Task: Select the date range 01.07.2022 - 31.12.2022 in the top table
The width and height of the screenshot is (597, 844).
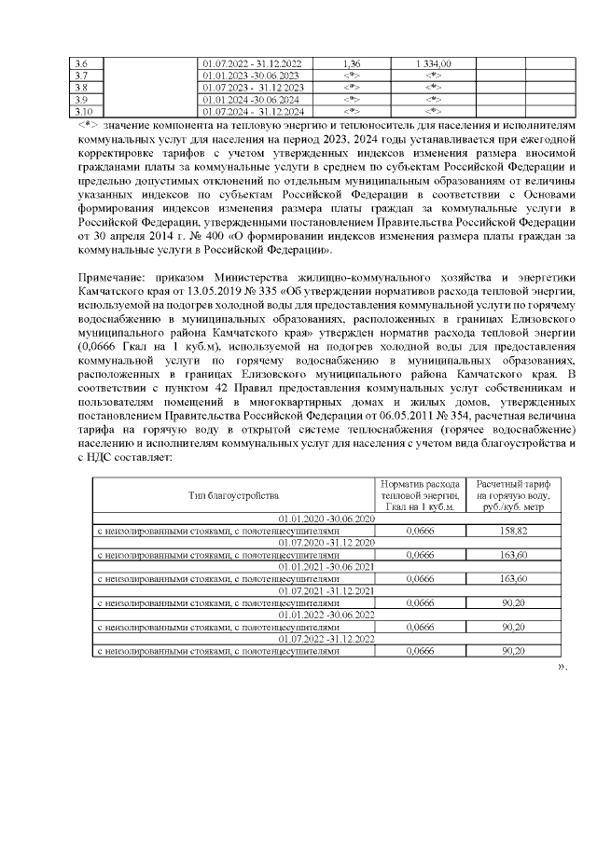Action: click(x=251, y=62)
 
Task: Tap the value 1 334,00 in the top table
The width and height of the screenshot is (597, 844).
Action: click(x=433, y=62)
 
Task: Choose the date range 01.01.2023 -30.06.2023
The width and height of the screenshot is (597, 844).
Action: click(x=251, y=75)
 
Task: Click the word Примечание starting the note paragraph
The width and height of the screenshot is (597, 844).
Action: click(x=112, y=278)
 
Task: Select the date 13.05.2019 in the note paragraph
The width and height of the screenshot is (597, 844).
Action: click(x=214, y=291)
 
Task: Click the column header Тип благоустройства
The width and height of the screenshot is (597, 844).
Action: click(x=233, y=495)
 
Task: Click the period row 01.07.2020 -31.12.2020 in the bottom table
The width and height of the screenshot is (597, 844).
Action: click(x=323, y=542)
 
